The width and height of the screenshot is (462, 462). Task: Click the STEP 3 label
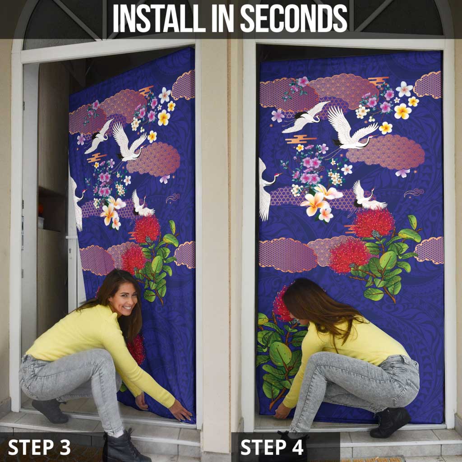point(39,447)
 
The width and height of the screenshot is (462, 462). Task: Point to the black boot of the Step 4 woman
point(390,422)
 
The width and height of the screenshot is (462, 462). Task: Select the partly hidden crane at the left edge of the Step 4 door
point(265,189)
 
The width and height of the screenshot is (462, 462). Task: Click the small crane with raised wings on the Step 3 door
point(141,205)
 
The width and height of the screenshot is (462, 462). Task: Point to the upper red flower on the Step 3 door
point(146,230)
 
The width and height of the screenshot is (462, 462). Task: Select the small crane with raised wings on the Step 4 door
point(368,197)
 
